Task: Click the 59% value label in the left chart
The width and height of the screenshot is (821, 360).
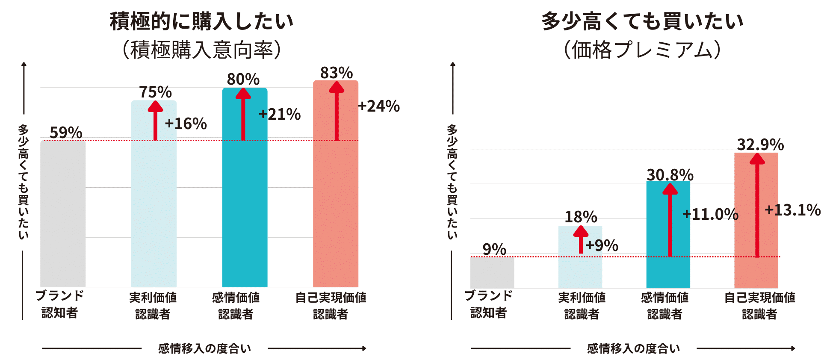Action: pyautogui.click(x=66, y=133)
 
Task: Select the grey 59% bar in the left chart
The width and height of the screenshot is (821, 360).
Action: pyautogui.click(x=63, y=214)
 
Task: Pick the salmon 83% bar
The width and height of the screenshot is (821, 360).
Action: pyautogui.click(x=336, y=214)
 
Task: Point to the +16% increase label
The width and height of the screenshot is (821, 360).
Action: pyautogui.click(x=186, y=124)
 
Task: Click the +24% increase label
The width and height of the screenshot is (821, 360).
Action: pyautogui.click(x=378, y=106)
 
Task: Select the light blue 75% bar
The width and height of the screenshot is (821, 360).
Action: pyautogui.click(x=154, y=214)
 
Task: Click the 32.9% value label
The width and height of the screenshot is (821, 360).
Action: pyautogui.click(x=760, y=145)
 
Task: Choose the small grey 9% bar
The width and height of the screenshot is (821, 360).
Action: pyautogui.click(x=492, y=272)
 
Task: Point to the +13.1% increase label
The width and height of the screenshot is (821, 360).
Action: pyautogui.click(x=792, y=210)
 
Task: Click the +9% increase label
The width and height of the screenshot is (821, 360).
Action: pyautogui.click(x=602, y=245)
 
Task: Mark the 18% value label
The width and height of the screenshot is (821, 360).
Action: pyautogui.click(x=581, y=217)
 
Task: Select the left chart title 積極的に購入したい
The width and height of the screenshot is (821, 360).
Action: pyautogui.click(x=201, y=21)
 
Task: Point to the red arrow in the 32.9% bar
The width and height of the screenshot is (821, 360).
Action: pyautogui.click(x=757, y=205)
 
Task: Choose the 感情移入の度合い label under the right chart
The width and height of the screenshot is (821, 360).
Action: pyautogui.click(x=633, y=348)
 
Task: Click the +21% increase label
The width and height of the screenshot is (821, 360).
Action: pyautogui.click(x=280, y=114)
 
